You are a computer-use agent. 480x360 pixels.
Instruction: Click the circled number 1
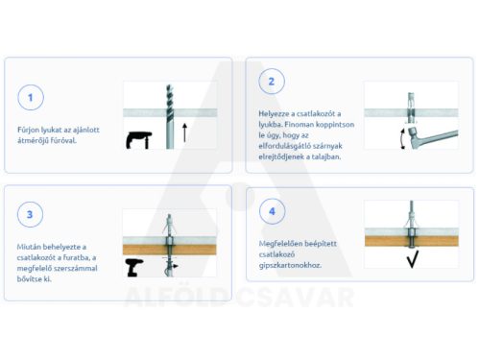31,97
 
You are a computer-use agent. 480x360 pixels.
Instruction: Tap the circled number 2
272,82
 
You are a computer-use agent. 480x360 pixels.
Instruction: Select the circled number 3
30,214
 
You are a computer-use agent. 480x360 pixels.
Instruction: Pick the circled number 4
272,211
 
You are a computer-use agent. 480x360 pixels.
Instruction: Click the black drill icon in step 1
139,140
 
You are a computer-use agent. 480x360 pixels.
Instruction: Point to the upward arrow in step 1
184,132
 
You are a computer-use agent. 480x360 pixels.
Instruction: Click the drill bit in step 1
170,116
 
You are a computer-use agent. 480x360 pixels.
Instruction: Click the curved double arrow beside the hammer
401,138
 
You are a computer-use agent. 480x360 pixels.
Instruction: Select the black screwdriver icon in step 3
134,268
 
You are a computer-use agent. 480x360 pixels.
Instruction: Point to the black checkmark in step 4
413,259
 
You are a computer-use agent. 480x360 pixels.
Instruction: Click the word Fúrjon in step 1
28,130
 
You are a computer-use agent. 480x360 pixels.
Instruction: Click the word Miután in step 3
29,247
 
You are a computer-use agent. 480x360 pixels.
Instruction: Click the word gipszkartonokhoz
290,265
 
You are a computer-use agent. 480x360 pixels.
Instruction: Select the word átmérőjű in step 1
33,140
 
